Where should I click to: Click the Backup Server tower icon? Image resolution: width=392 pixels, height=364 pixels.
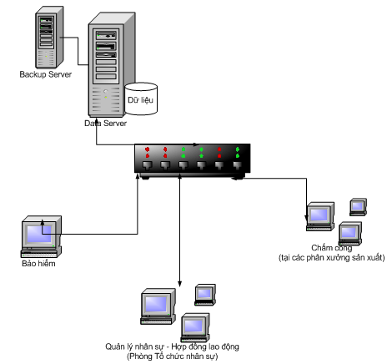click(49, 37)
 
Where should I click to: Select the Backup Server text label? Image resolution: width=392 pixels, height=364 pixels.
click(46, 74)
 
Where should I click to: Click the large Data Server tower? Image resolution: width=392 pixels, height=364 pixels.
click(112, 64)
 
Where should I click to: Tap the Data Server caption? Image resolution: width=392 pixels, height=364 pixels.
click(105, 124)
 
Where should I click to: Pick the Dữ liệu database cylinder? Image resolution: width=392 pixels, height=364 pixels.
click(141, 99)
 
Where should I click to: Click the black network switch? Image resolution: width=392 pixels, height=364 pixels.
click(193, 161)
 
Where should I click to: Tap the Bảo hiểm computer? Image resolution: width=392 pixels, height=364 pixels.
click(41, 236)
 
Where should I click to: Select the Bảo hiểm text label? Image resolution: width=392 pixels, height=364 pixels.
click(38, 264)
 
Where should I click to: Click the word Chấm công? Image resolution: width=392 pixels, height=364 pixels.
click(332, 248)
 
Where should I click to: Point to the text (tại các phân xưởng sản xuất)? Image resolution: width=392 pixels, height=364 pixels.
click(332, 258)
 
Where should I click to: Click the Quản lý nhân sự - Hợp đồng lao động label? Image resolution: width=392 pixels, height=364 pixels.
click(172, 346)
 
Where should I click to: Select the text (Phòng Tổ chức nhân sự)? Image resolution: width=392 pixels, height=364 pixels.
click(173, 356)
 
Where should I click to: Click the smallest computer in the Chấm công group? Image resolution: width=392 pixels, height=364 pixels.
click(358, 207)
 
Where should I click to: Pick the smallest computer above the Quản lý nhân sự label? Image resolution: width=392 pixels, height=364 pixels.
click(205, 295)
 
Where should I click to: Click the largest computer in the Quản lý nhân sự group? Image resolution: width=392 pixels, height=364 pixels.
click(158, 306)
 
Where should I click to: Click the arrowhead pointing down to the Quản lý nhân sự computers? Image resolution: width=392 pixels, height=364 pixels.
click(179, 284)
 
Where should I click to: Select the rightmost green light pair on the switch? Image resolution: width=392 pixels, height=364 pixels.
click(238, 153)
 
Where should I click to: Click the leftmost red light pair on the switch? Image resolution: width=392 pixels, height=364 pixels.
click(148, 153)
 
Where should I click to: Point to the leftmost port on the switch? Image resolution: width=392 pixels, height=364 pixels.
click(148, 165)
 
